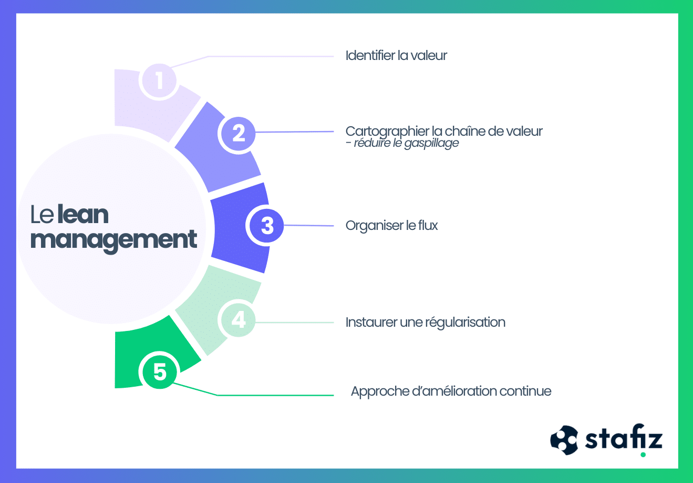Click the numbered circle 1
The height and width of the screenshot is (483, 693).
(x=159, y=80)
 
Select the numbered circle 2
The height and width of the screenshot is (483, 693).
(x=239, y=133)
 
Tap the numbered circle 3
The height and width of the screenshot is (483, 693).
(x=267, y=226)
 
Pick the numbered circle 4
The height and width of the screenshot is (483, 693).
(x=238, y=319)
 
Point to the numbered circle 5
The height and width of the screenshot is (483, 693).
(x=160, y=371)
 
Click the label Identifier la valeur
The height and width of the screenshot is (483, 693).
(x=396, y=56)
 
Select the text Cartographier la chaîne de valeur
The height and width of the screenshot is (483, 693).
(x=443, y=131)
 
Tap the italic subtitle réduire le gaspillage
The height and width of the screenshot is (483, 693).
(x=406, y=143)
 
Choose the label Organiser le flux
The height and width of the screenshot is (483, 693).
(x=391, y=226)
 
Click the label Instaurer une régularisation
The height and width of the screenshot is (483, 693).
(x=425, y=322)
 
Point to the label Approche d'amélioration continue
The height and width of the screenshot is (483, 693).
(x=451, y=391)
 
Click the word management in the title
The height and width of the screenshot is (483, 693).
(x=113, y=240)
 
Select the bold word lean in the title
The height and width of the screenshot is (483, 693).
(x=83, y=215)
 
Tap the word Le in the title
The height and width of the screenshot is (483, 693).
(x=42, y=215)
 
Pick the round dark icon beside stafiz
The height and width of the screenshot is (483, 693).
(x=564, y=440)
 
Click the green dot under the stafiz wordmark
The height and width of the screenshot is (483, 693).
(x=643, y=455)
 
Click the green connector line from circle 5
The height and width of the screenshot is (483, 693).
(x=273, y=395)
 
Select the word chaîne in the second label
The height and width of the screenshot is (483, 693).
(x=466, y=131)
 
